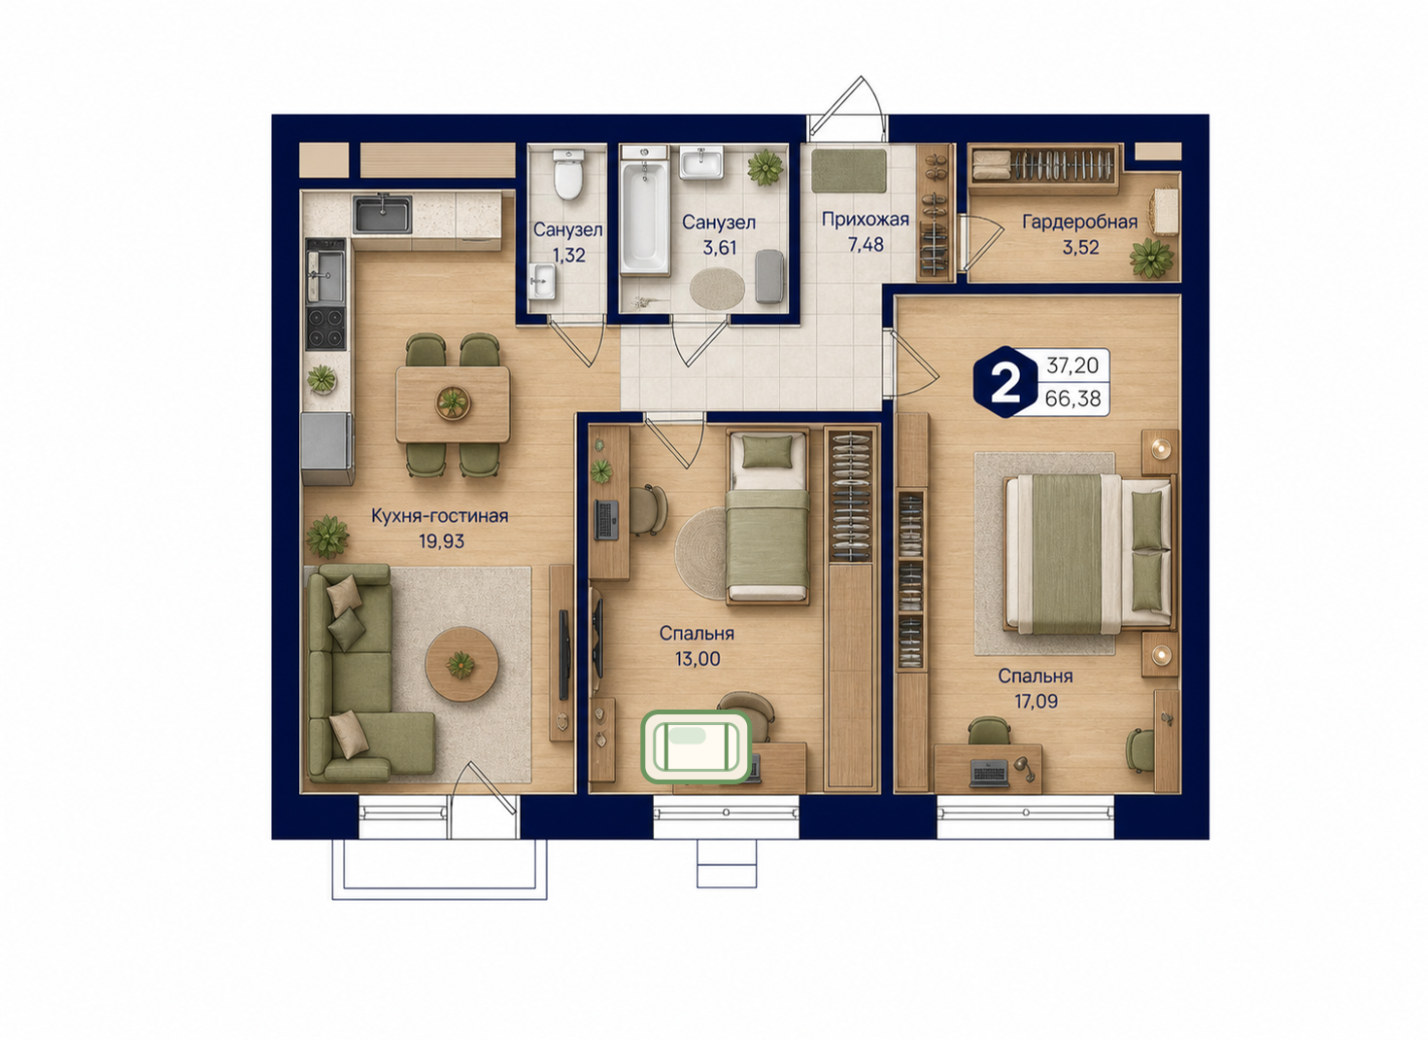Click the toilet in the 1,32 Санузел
point(568,174)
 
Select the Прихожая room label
point(866,220)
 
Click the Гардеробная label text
point(1080,222)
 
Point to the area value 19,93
point(441,541)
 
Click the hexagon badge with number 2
point(1005,382)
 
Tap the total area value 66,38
point(1072,399)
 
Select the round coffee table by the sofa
point(461,664)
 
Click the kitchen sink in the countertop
point(383,214)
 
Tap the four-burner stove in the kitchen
point(325,328)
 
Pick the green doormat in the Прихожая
point(848,170)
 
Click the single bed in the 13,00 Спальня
point(768,516)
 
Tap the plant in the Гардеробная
point(1151,258)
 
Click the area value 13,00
point(697,658)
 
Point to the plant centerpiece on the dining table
point(453,403)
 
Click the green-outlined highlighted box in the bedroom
point(697,746)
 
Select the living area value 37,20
point(1072,365)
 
